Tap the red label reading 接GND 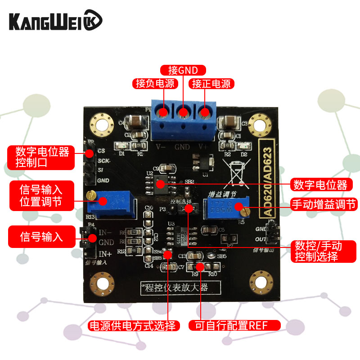coord(183,70)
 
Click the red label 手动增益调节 coord(319,204)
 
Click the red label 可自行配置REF coord(234,326)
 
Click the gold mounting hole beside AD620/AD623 coord(259,121)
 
